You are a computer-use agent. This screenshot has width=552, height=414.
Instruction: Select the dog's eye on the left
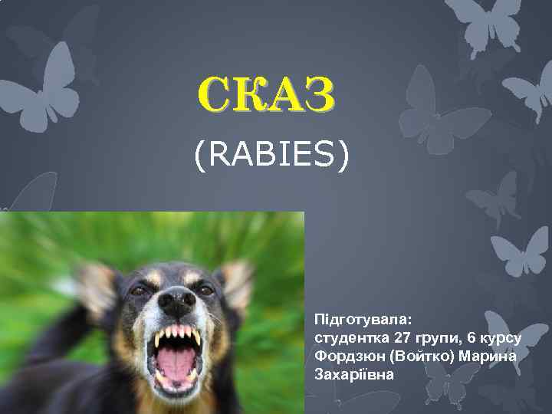[139, 291]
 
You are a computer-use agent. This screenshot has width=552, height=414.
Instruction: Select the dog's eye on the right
[205, 291]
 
